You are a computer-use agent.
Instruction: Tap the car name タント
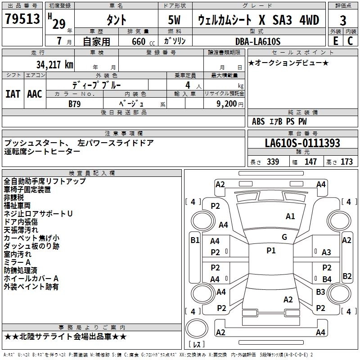(x=116, y=20)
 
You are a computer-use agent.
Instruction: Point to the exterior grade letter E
(x=335, y=41)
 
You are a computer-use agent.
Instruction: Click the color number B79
(x=75, y=103)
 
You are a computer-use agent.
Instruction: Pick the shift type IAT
(x=13, y=94)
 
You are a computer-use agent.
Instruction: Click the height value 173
(x=346, y=162)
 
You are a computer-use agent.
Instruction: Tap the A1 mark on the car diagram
(x=290, y=216)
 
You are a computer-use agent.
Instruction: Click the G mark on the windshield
(x=284, y=237)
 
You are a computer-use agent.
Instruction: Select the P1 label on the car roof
(x=271, y=251)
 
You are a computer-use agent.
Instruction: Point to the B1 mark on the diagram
(x=195, y=240)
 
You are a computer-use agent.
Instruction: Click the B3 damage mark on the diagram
(x=320, y=292)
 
